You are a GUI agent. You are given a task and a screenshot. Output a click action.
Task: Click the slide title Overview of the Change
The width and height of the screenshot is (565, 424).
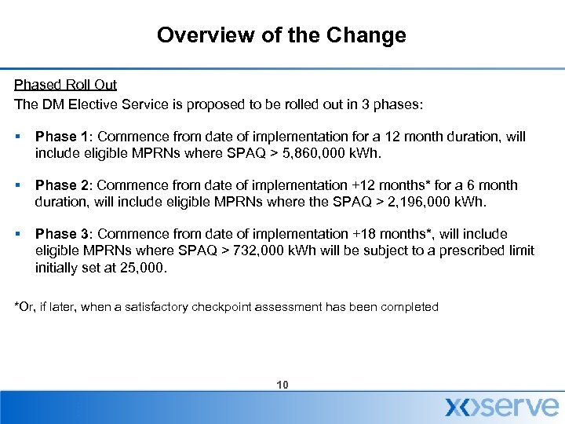coord(282,35)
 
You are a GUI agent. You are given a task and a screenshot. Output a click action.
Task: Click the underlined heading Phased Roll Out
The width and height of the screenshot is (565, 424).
coord(65,84)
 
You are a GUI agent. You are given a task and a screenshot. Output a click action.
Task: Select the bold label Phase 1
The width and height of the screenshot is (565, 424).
coord(62,137)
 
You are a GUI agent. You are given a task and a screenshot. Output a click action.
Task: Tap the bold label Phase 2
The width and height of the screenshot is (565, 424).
coord(62,185)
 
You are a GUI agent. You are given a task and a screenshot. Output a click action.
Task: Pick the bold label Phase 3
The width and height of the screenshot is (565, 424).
coord(62,234)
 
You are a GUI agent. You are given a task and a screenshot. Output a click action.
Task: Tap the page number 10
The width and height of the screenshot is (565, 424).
coord(282,385)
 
